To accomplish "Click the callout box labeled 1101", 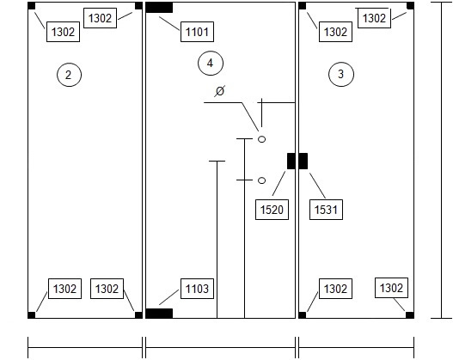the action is pyautogui.click(x=198, y=32).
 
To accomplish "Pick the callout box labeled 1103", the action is pyautogui.click(x=198, y=289).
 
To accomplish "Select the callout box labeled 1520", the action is pyautogui.click(x=272, y=210).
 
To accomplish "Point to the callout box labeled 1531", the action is pyautogui.click(x=326, y=210).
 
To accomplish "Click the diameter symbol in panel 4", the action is pyautogui.click(x=220, y=91).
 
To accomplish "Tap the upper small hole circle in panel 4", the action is pyautogui.click(x=262, y=139).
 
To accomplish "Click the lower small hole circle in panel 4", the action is pyautogui.click(x=262, y=180).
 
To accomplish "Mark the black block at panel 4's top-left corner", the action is pyautogui.click(x=159, y=8).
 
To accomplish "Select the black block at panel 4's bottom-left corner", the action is pyautogui.click(x=159, y=314).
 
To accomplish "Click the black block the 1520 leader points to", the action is pyautogui.click(x=291, y=161).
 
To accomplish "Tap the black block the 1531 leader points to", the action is pyautogui.click(x=303, y=161).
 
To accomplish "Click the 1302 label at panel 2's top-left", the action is pyautogui.click(x=64, y=32).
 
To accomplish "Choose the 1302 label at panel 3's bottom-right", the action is pyautogui.click(x=391, y=288).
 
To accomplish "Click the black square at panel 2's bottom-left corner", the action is pyautogui.click(x=32, y=315).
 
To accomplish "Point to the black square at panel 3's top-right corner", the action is pyautogui.click(x=410, y=6).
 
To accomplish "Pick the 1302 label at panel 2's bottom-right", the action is pyautogui.click(x=107, y=289).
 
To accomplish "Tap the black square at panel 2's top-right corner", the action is pyautogui.click(x=138, y=6).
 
